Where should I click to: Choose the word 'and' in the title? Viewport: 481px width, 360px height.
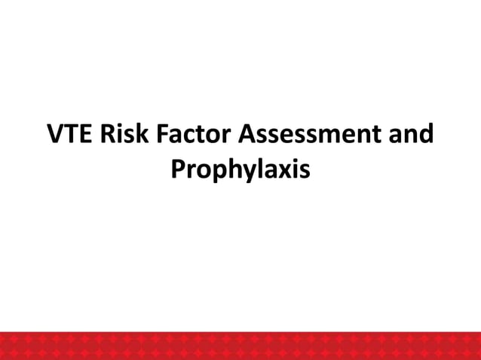tap(413, 136)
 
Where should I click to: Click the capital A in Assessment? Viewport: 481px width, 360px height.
tap(248, 136)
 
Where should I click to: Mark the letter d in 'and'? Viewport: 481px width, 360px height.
tap(426, 136)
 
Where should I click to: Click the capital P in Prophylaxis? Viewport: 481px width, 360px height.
tap(179, 169)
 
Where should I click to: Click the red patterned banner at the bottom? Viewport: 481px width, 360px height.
tap(240, 345)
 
